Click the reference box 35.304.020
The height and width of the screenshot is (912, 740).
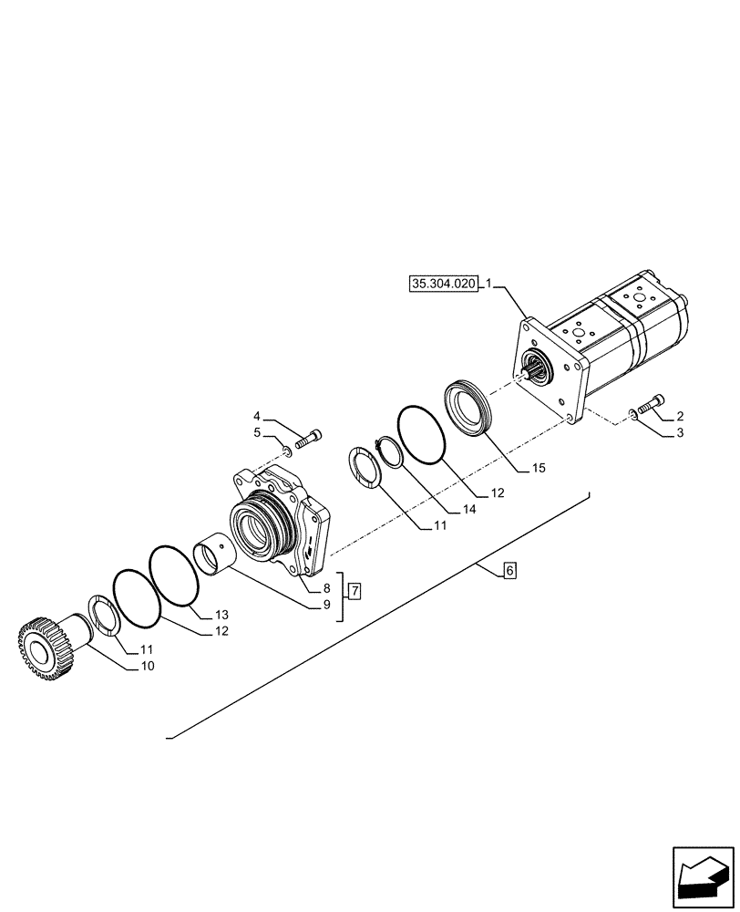[444, 285]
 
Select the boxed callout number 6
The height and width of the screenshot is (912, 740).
[509, 571]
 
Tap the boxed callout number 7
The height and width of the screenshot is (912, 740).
[355, 590]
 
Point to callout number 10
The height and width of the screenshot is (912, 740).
[148, 667]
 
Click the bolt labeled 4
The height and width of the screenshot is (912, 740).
[310, 438]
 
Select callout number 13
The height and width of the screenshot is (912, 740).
[222, 614]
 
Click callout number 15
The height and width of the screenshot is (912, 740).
[539, 469]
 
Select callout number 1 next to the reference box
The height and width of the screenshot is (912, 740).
[488, 285]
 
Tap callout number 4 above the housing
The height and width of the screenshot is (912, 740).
[257, 415]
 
